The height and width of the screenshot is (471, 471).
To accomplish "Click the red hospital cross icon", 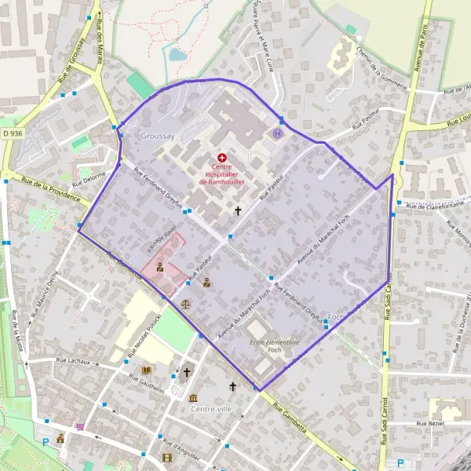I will click(222, 157).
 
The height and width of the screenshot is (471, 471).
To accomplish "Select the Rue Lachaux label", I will click(75, 361).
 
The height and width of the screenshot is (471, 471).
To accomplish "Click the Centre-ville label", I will click(211, 409).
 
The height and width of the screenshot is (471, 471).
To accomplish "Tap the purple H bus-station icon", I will click(276, 133).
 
